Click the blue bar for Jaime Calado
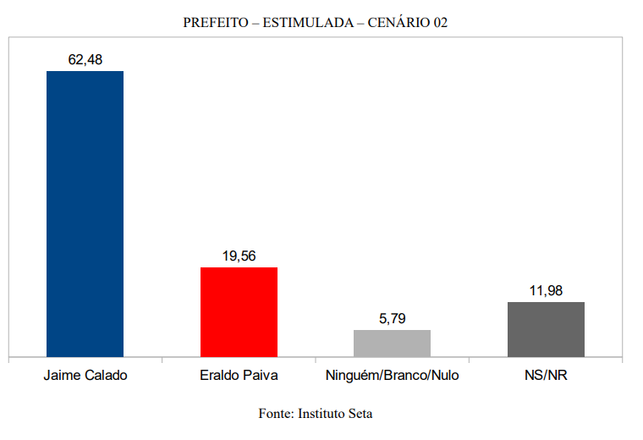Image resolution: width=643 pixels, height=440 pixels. click(85, 213)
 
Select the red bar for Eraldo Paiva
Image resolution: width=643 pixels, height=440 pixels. click(239, 311)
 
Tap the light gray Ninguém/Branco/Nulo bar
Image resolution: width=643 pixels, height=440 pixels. click(392, 343)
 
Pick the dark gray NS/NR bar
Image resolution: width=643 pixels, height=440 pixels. click(546, 328)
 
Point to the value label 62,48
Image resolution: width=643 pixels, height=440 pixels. click(85, 59)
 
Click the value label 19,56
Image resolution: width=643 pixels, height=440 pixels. click(239, 256)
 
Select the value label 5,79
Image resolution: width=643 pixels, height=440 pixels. click(392, 319)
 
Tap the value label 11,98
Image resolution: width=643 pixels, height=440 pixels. click(546, 291)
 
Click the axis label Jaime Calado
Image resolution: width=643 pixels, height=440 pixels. click(85, 375)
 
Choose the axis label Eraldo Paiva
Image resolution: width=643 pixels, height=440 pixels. click(239, 375)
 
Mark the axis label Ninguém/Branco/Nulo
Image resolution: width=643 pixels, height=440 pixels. click(392, 375)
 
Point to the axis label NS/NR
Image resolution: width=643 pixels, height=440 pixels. click(546, 375)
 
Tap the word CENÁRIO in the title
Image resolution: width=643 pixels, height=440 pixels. click(397, 23)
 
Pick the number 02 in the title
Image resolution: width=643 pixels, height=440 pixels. click(440, 23)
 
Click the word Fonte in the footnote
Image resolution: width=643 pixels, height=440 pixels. click(274, 414)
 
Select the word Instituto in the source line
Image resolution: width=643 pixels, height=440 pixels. click(321, 414)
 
